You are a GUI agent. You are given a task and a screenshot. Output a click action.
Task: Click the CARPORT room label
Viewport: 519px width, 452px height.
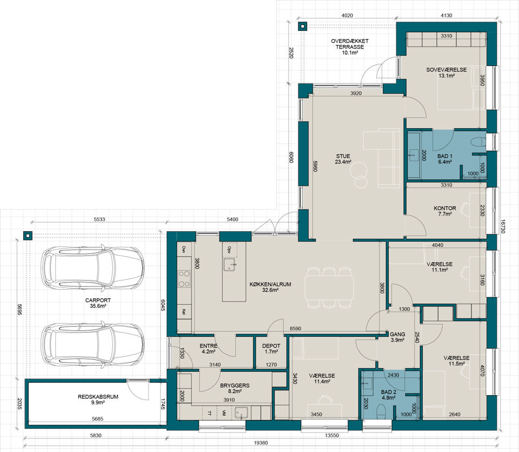[x=98, y=303]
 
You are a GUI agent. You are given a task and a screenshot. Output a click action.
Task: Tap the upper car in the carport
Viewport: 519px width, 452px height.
[x=92, y=268]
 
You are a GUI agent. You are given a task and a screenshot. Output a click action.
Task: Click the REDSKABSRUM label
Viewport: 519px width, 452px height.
[x=98, y=399]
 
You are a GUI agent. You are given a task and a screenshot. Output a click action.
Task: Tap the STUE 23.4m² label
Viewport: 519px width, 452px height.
[x=343, y=159]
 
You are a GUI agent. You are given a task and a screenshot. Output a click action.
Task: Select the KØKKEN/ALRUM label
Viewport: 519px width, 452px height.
[x=270, y=287]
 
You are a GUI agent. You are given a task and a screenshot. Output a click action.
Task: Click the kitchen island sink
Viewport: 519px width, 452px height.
[x=229, y=265]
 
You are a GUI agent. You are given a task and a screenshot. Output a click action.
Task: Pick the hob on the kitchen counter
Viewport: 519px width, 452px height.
[x=184, y=279]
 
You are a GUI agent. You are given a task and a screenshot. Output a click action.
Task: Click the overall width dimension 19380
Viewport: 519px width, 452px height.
[x=261, y=443]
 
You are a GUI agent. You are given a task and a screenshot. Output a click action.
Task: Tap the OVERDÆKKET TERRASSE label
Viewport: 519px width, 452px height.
[x=350, y=47]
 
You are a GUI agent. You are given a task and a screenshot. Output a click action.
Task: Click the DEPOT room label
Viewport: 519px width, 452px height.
[x=271, y=349]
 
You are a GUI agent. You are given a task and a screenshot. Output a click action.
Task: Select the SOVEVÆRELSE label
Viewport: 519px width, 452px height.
[x=446, y=73]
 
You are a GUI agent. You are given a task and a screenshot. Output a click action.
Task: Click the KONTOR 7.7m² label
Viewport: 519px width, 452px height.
[x=445, y=211]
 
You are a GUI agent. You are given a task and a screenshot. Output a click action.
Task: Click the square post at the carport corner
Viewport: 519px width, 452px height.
[x=28, y=235]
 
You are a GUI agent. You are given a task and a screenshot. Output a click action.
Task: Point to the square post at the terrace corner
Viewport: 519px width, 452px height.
[x=302, y=26]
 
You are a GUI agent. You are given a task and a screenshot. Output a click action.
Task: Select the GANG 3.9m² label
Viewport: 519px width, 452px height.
[x=397, y=337]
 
